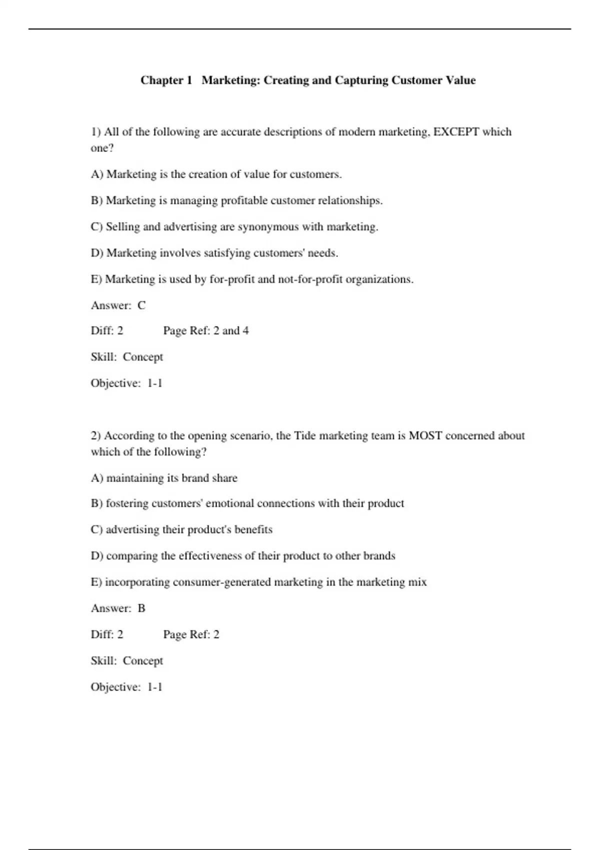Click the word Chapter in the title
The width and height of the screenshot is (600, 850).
click(162, 80)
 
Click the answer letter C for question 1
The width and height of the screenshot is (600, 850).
click(141, 305)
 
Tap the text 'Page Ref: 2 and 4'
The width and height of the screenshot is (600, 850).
click(206, 331)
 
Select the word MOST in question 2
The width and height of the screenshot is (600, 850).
click(425, 435)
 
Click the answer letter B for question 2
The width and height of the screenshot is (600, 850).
click(141, 608)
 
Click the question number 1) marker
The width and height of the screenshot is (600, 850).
click(95, 132)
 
